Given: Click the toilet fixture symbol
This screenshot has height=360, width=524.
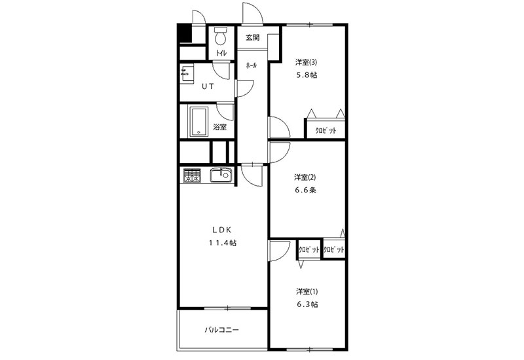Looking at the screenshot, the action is coord(221,36).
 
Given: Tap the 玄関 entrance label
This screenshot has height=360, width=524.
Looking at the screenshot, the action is coord(253,37).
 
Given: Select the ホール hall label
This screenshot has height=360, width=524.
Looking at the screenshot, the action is coord(252,65).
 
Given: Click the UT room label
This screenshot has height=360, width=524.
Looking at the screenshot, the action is coord(208,86).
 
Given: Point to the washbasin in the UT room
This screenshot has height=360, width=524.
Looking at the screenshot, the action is coord(187,74).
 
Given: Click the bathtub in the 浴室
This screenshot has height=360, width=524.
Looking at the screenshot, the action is coord(199,122).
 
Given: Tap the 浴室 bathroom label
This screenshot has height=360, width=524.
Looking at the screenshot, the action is coord(220,127).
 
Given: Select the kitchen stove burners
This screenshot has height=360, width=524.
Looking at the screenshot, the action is coord(192,175).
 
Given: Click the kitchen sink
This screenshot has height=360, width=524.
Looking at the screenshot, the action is coord(220,175).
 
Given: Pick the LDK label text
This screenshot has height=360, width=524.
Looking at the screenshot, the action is coord(221,230).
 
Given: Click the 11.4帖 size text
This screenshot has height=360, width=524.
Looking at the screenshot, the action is coord(222,243).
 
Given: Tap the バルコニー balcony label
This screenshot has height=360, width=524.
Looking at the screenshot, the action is coord(221,331).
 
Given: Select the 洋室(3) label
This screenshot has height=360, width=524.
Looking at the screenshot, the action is coord(306,62).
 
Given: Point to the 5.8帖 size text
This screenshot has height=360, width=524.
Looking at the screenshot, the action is coord(307,75).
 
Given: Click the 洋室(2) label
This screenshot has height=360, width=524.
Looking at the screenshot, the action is coord(305,177).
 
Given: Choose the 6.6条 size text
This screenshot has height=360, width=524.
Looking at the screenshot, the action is coord(305,190).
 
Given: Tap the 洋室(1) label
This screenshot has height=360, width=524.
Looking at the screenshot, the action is coord(307,291).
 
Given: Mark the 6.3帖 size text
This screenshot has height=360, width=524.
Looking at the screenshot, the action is coord(307,304).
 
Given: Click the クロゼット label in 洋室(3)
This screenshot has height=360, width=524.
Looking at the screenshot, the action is coord(326,130).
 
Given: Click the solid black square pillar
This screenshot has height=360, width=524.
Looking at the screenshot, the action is coord(184,33).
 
